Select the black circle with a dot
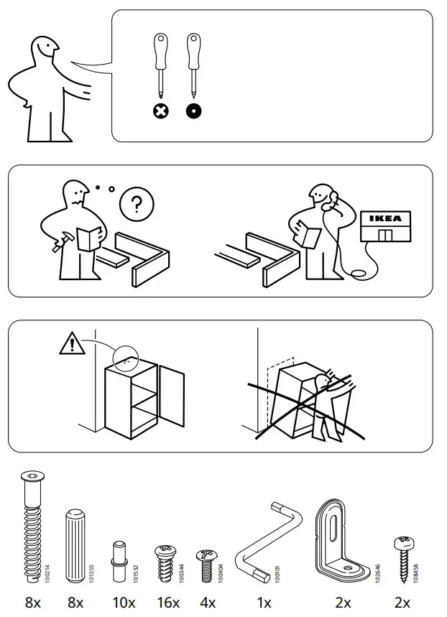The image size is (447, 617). point(193,111)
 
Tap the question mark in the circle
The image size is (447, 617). point(132,205)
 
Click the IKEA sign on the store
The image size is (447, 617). point(385,219)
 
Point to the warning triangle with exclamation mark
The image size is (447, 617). point(72,345)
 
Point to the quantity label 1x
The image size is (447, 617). point(265,603)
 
